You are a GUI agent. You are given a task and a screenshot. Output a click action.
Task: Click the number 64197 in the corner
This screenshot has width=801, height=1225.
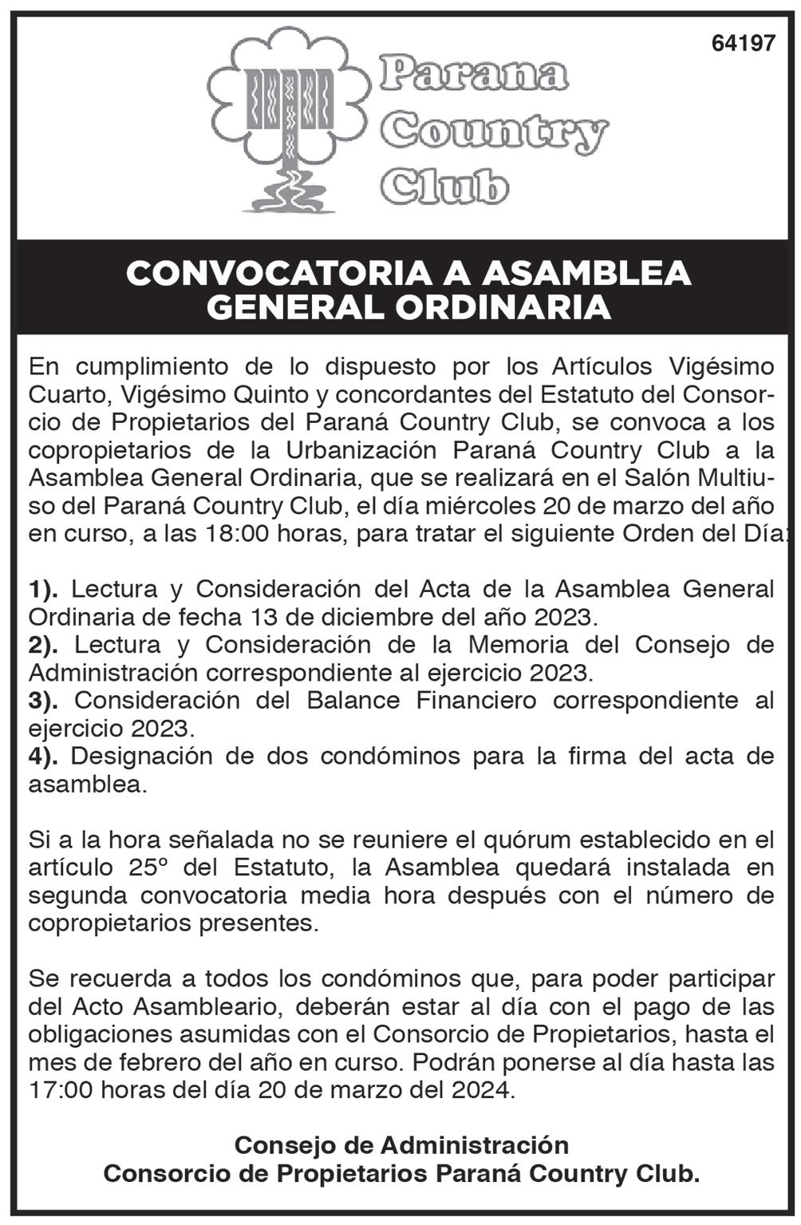[x=743, y=44]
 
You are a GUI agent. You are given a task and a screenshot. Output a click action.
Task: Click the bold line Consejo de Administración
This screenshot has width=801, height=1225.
[x=401, y=1145]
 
